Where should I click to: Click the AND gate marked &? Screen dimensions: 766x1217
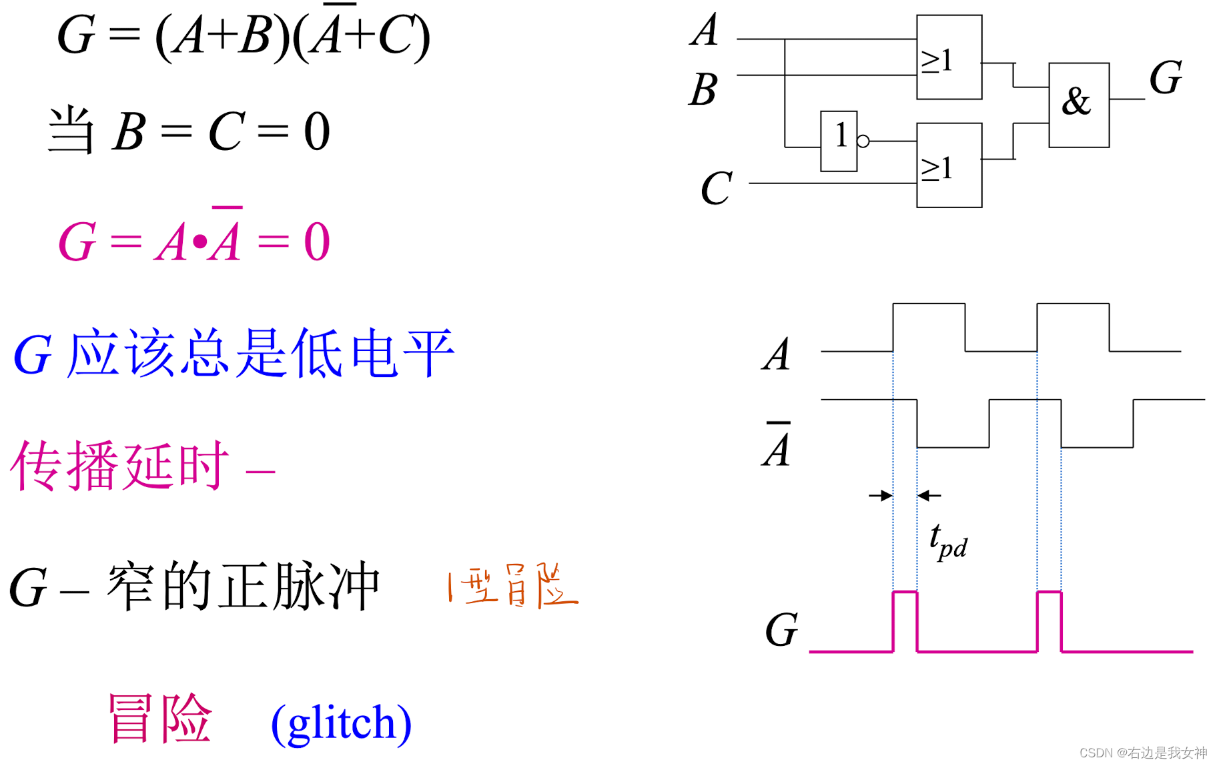(1078, 105)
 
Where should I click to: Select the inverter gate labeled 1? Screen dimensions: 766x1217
(839, 141)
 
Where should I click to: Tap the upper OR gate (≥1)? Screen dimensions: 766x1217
(949, 57)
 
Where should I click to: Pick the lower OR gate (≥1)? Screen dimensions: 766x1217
(949, 165)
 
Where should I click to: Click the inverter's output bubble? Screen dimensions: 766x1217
(863, 141)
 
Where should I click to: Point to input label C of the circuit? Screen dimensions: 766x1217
(717, 188)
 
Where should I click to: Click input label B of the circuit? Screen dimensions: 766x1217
(703, 89)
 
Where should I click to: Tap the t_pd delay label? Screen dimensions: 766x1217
(947, 541)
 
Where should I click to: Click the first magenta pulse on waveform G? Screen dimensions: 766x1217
(905, 621)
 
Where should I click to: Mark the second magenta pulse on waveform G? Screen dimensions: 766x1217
(1049, 621)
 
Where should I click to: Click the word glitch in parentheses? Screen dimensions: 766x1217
(341, 722)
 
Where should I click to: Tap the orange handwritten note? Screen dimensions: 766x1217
(512, 586)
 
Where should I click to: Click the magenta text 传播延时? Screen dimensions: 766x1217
(120, 466)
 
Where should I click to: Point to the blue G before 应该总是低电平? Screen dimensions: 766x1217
(32, 356)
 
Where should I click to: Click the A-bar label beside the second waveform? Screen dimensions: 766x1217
(777, 446)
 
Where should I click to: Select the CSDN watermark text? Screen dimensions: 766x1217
(1143, 753)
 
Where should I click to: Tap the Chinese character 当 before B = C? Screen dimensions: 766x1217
(71, 131)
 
